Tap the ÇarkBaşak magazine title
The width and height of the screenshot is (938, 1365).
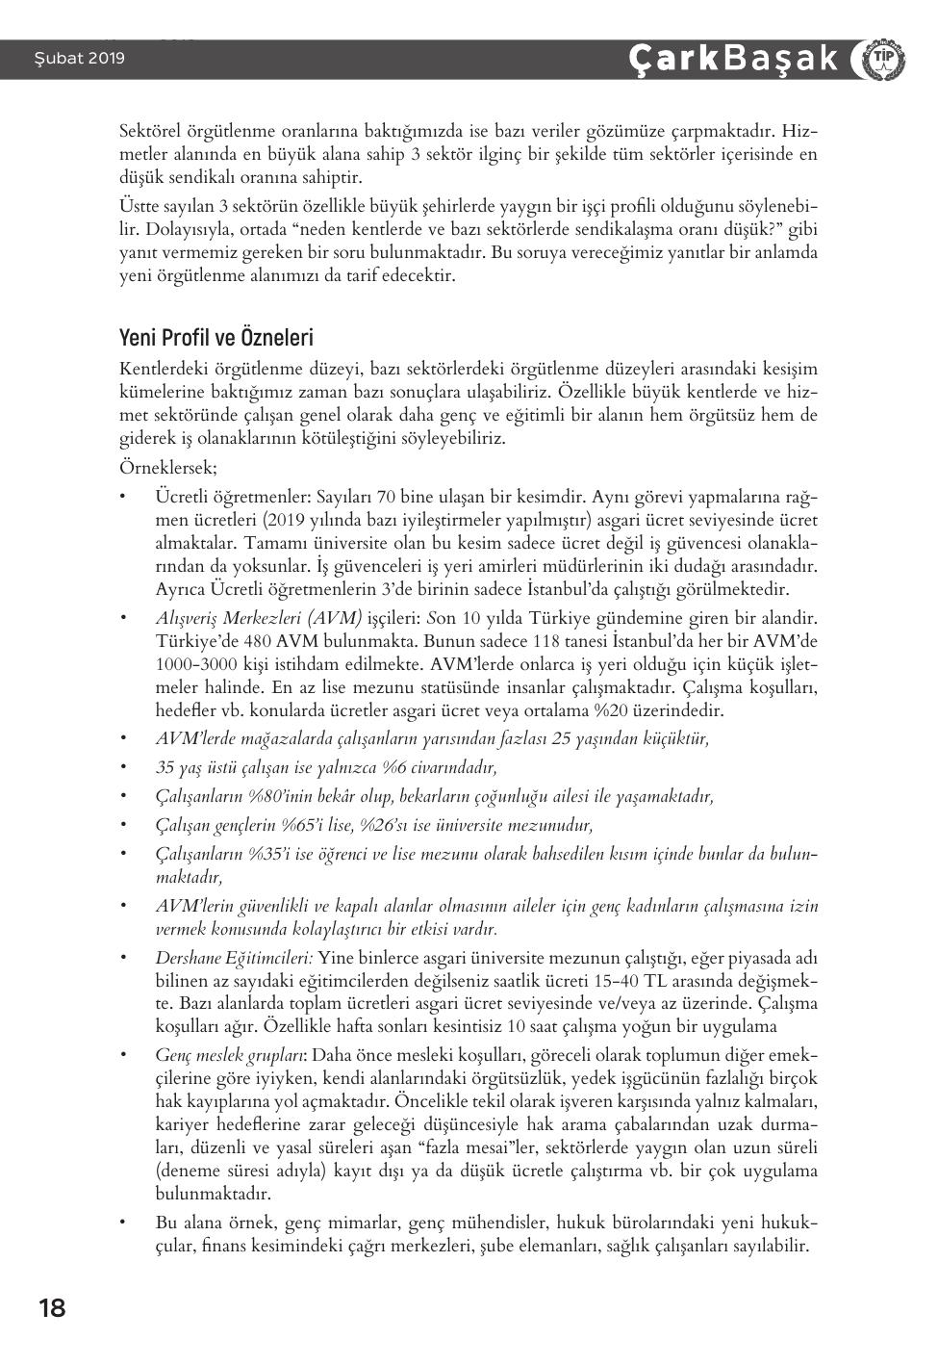pos(733,59)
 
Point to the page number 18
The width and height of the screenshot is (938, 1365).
pos(52,1308)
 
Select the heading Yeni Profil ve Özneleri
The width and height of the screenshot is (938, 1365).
pos(216,339)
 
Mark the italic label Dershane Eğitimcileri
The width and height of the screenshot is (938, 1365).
pos(234,958)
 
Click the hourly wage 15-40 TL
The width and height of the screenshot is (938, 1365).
pos(638,981)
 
